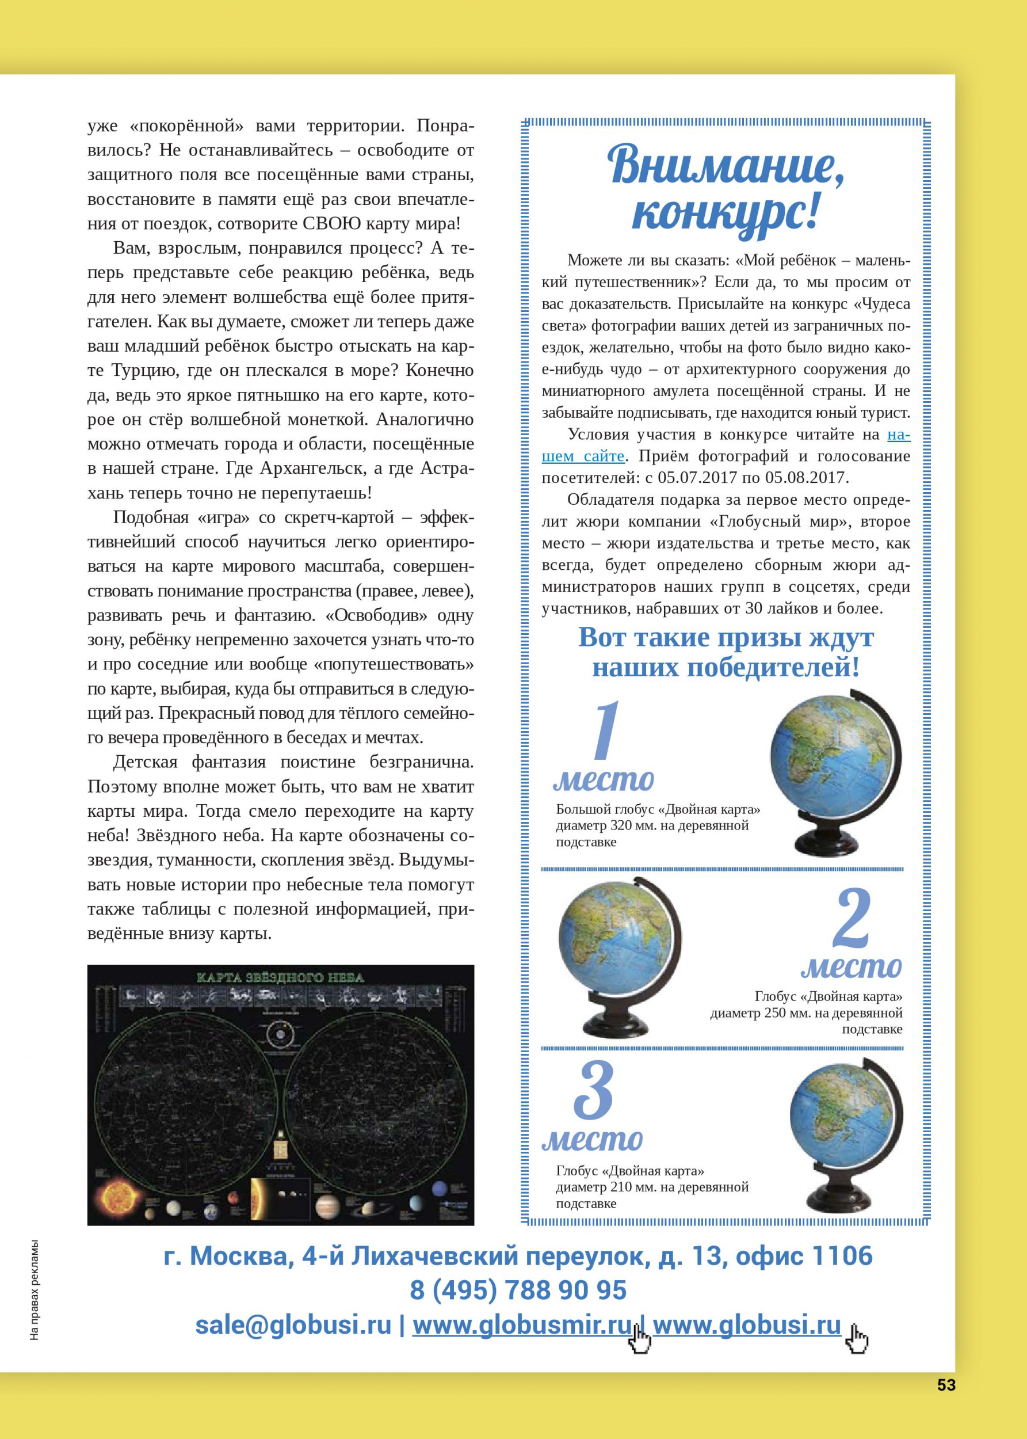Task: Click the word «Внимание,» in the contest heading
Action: point(726,166)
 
